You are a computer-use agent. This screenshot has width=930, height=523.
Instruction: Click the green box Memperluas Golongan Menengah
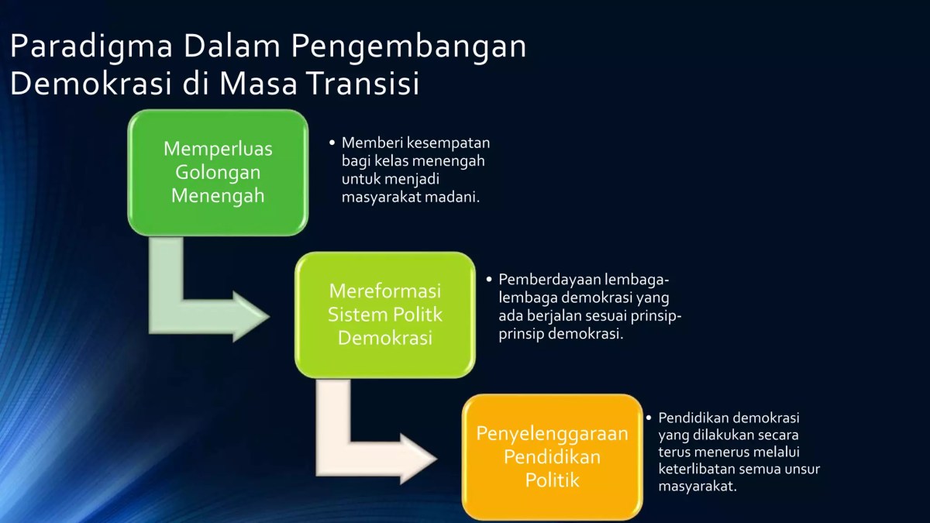pos(218,172)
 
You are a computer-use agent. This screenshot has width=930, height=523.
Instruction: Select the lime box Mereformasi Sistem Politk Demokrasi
pos(384,315)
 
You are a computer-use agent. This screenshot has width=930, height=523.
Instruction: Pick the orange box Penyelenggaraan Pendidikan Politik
pos(552,457)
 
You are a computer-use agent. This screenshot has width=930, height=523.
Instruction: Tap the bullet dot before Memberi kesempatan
pos(332,143)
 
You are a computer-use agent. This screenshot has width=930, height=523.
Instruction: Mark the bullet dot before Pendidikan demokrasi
pos(649,418)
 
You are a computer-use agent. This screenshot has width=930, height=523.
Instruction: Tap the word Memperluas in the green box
pos(218,148)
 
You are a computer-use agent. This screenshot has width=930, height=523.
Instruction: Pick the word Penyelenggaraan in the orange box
pos(552,433)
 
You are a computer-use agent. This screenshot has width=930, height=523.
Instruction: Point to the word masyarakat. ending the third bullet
pos(697,487)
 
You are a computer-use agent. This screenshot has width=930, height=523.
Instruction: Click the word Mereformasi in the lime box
pos(384,291)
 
